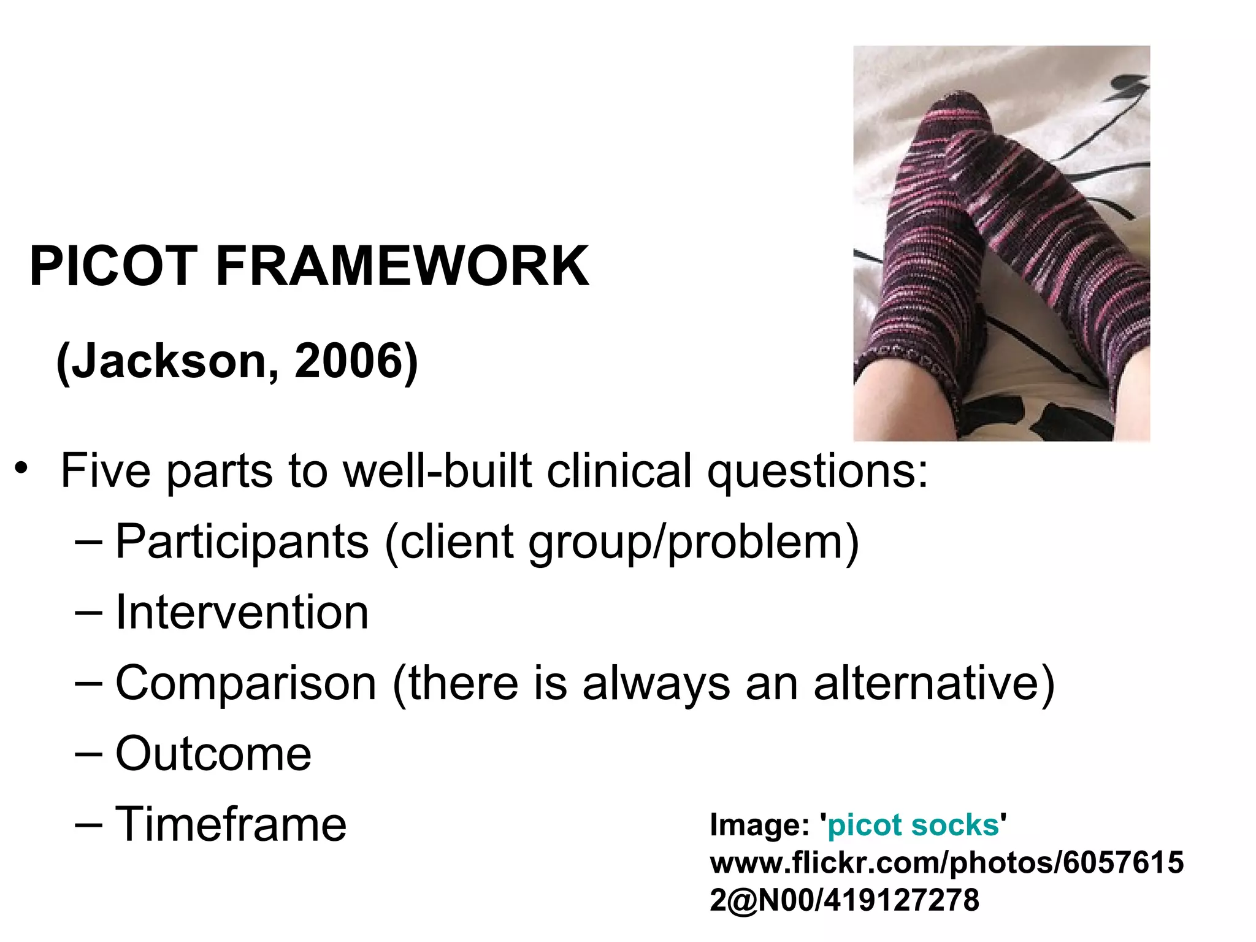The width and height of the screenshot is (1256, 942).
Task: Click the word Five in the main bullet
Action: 105,471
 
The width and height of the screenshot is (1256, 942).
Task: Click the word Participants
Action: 242,542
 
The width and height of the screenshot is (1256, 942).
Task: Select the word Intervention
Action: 242,613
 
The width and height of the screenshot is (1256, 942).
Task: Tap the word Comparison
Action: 245,683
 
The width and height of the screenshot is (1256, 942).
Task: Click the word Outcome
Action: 213,754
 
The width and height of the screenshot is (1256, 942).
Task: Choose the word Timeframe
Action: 231,824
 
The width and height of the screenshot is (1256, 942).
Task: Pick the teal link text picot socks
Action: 913,825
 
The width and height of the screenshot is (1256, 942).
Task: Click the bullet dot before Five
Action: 22,469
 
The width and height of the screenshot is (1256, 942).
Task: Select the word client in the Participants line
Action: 456,542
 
